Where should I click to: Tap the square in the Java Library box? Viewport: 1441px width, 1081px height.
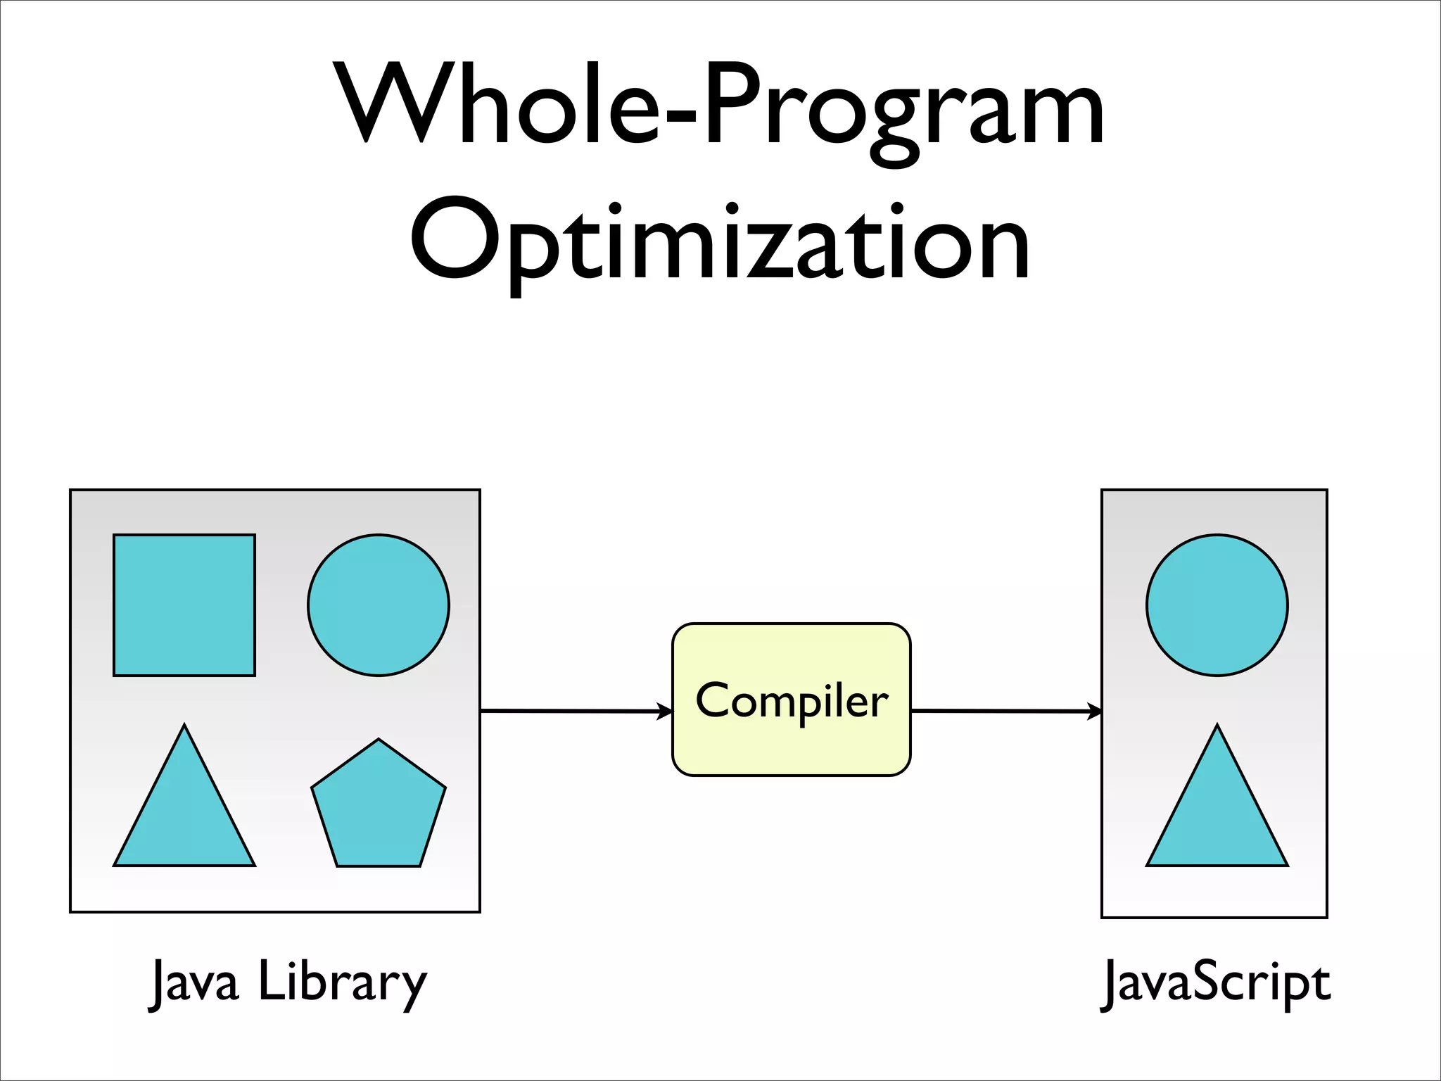tap(184, 605)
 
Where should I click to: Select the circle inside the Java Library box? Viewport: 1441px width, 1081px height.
tap(379, 605)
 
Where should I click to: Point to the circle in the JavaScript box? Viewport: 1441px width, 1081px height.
tap(1217, 605)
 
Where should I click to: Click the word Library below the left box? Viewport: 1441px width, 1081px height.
tap(343, 982)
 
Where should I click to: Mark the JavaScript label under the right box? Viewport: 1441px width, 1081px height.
tap(1216, 982)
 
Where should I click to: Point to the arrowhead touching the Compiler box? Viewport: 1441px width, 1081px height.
tap(665, 712)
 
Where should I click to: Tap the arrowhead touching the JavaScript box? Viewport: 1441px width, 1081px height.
tap(1095, 712)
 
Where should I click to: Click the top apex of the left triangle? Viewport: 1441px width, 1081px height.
tap(184, 726)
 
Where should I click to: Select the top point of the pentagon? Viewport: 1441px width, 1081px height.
tap(379, 740)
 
